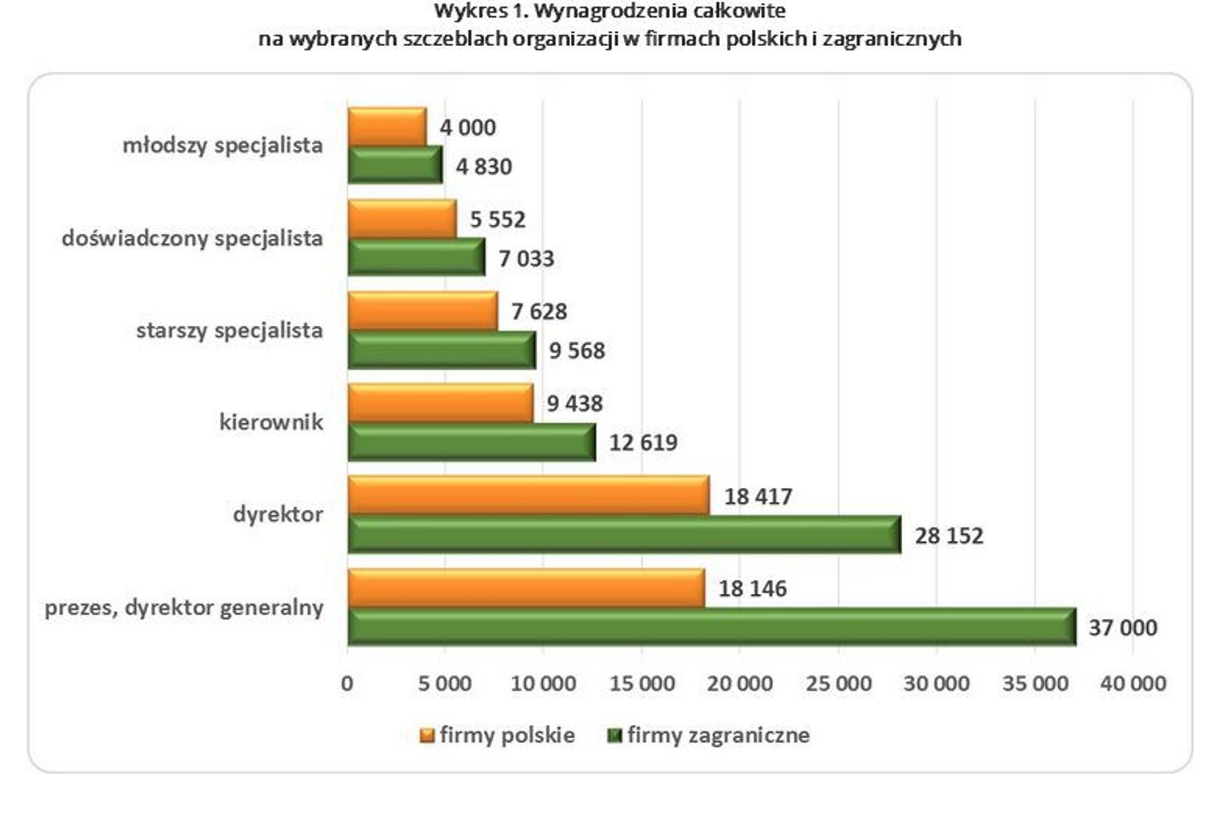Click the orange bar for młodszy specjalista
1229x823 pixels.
387,127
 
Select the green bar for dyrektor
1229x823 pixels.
624,535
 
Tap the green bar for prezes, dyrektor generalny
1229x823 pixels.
712,626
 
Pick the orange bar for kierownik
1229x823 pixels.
440,403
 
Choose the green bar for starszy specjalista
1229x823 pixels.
442,350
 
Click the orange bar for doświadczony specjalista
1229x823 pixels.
402,219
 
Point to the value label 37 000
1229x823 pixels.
1122,627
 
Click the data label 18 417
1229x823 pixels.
758,496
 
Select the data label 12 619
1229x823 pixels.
643,442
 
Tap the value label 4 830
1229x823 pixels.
484,166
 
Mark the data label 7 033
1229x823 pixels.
526,259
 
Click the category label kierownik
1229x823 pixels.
271,422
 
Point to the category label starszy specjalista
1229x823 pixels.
229,330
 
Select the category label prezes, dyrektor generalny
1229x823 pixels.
184,607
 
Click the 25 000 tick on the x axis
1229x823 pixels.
838,683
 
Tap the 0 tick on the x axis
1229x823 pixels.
347,683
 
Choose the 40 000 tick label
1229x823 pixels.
1133,683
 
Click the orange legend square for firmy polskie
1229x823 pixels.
427,735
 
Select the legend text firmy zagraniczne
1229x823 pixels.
718,735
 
